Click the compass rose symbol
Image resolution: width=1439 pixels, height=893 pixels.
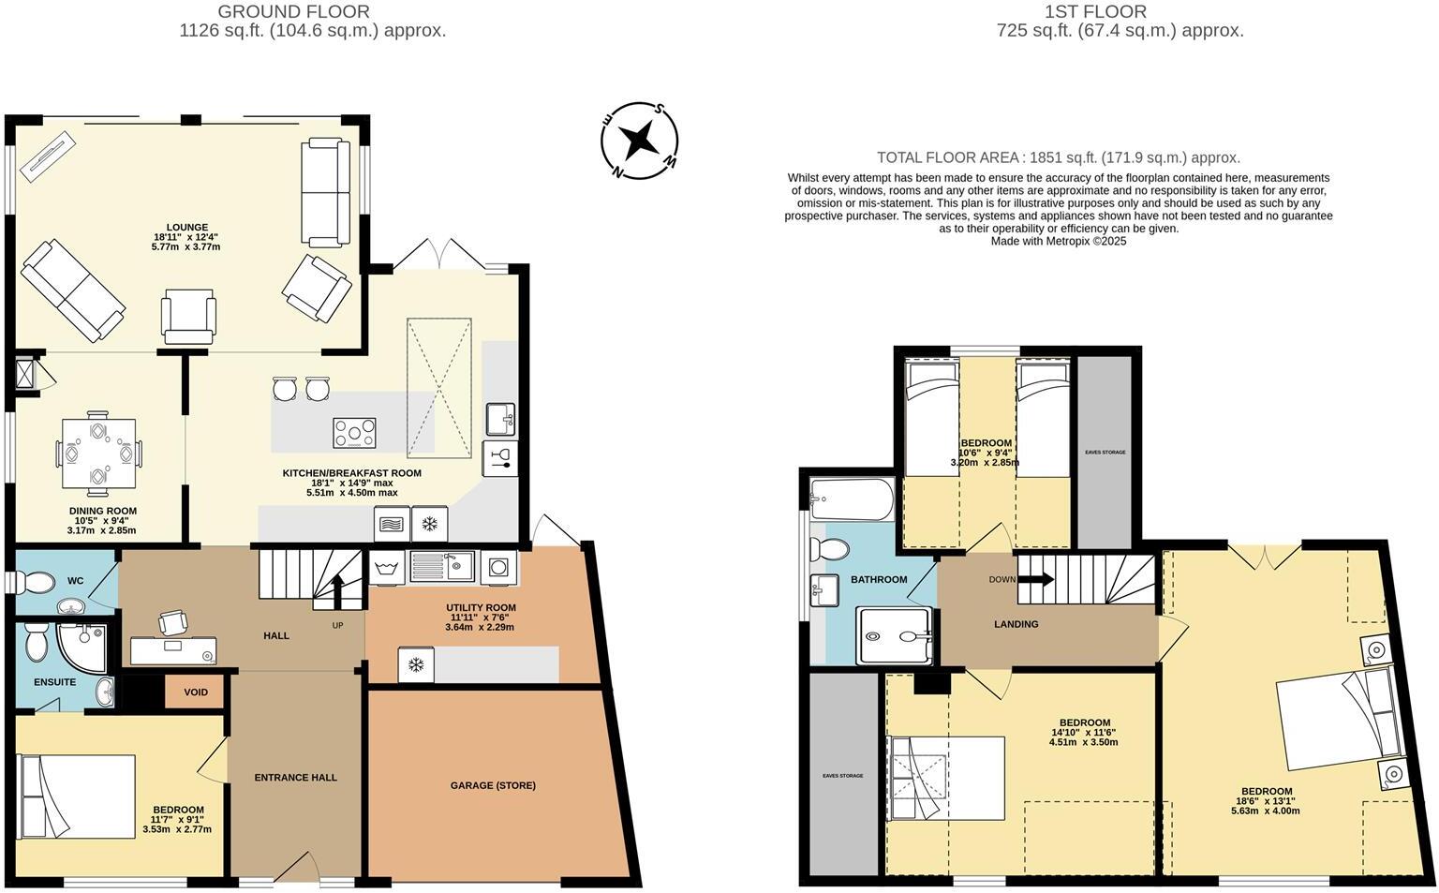click(640, 141)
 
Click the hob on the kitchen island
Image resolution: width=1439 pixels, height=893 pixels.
click(354, 433)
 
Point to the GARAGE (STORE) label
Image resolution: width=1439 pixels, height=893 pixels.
click(493, 785)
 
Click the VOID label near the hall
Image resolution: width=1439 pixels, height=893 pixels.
click(196, 692)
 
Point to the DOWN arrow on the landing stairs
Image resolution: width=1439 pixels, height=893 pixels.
click(1034, 579)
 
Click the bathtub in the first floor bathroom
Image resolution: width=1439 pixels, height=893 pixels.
click(853, 499)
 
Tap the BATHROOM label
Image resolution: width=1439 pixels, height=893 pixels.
click(878, 580)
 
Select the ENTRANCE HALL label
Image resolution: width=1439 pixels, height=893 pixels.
click(295, 777)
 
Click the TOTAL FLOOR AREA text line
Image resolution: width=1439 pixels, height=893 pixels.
click(1058, 157)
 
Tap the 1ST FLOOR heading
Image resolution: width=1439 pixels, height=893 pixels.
click(1095, 12)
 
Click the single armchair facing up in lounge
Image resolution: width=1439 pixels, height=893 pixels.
click(188, 315)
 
